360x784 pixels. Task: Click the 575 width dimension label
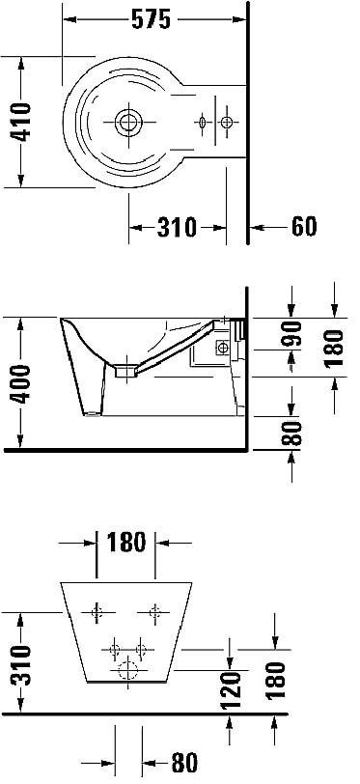151,20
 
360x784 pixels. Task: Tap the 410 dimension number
21,122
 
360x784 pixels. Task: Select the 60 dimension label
304,227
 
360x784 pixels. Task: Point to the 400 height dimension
21,384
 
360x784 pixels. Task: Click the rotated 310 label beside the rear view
21,664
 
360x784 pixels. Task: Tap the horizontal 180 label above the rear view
126,543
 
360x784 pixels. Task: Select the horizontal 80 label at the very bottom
184,763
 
